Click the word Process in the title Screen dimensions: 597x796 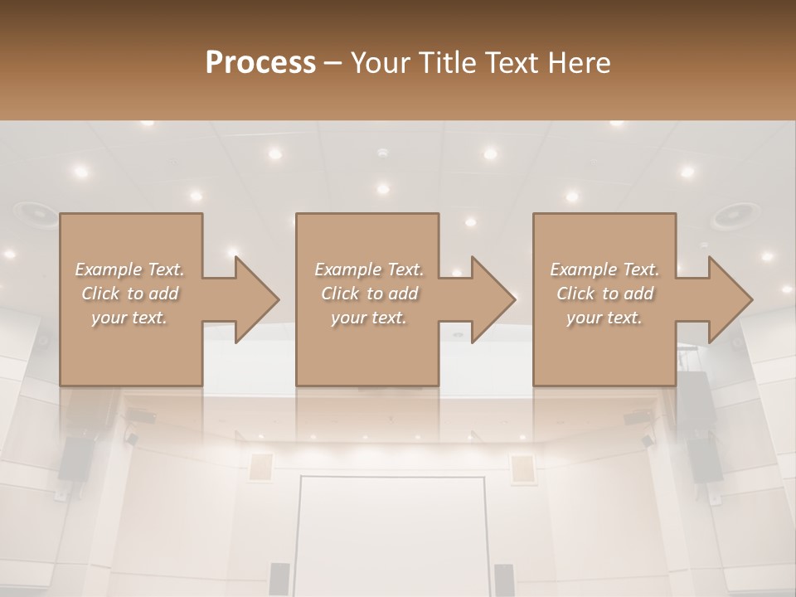[x=260, y=63]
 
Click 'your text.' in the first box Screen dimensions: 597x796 [x=129, y=318]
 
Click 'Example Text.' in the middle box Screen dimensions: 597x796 [x=368, y=269]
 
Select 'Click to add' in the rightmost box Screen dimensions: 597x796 [x=605, y=294]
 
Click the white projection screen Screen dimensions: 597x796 [x=391, y=535]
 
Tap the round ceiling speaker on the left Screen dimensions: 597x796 [x=34, y=213]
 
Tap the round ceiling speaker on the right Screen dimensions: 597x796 [x=734, y=216]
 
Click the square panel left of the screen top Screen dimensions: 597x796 [x=261, y=468]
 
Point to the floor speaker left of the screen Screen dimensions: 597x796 [x=279, y=578]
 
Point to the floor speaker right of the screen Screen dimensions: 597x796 [x=504, y=578]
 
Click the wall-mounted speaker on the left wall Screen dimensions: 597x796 [x=76, y=459]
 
